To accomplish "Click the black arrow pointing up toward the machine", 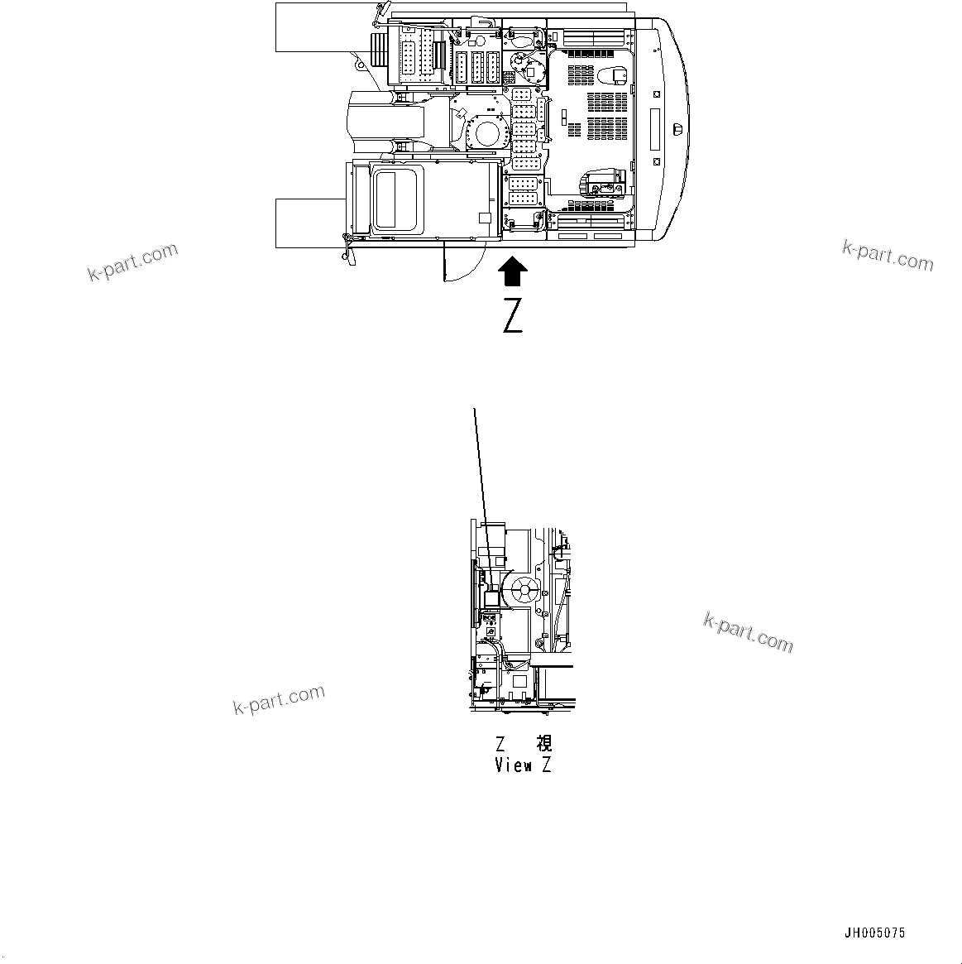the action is [x=513, y=272].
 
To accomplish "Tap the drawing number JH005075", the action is [x=874, y=933].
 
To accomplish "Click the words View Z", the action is [x=523, y=765].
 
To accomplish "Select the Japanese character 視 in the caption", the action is [x=543, y=742].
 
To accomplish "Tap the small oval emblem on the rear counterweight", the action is [x=677, y=128].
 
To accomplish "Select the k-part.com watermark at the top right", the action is [x=888, y=256].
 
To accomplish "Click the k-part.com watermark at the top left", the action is [x=133, y=261].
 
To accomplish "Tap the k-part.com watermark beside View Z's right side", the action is [x=748, y=632].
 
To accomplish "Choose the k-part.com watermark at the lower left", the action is [x=279, y=700].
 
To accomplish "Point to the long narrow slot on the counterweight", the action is [x=656, y=129].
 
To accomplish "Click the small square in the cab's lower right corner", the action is [x=486, y=218].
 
